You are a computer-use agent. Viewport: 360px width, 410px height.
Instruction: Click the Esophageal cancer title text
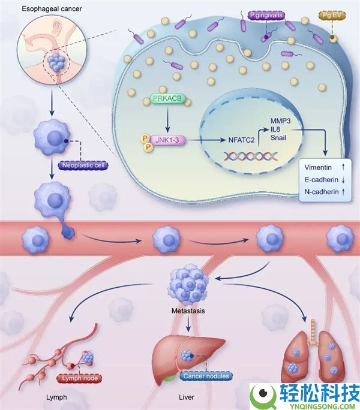tap(44, 10)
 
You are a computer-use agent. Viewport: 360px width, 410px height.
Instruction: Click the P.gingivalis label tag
tap(268, 13)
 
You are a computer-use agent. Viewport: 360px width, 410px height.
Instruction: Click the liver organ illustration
tap(189, 356)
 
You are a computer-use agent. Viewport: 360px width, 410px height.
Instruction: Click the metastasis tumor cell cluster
tap(188, 285)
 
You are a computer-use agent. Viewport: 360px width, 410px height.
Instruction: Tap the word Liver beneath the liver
tap(187, 397)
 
